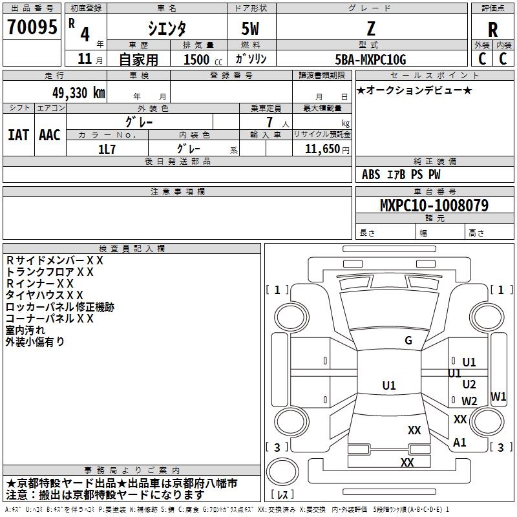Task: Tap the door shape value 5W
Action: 251,28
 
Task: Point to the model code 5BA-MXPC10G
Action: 370,59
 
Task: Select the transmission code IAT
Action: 18,135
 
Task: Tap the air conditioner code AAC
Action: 50,135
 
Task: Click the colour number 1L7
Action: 107,148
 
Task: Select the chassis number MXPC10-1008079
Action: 434,206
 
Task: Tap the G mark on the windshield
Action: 408,341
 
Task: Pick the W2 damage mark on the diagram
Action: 469,401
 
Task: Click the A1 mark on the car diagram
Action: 459,443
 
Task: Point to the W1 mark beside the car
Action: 498,397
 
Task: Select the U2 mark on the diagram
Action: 469,385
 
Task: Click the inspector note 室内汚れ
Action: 25,330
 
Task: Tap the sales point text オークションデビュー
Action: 414,90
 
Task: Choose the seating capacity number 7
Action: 268,123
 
